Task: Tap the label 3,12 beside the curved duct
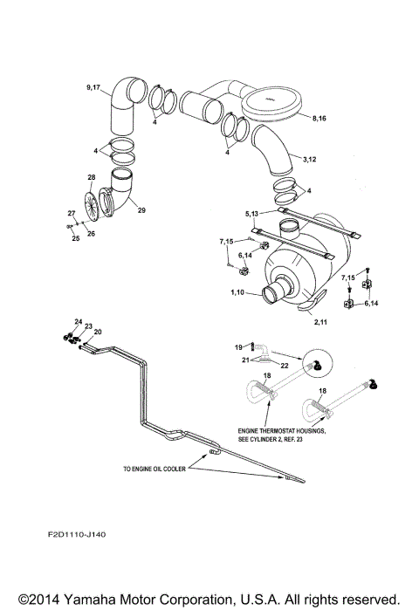tap(310, 160)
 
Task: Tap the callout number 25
tap(75, 238)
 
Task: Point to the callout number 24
tap(78, 321)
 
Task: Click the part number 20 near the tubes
tap(98, 332)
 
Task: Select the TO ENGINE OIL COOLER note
tap(157, 469)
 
